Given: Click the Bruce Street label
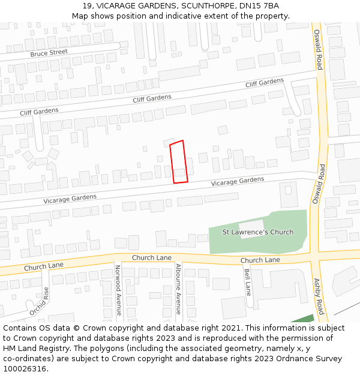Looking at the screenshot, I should click(49, 53).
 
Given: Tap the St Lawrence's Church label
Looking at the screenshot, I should click(258, 232).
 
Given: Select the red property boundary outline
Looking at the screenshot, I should click(178, 162).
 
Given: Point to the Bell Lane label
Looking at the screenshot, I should click(247, 281).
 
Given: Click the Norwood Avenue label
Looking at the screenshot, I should click(118, 290).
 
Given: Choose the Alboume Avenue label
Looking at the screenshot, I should click(178, 289).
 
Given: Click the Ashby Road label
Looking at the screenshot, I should click(319, 296).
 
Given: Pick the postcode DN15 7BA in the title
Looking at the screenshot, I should click(263, 6).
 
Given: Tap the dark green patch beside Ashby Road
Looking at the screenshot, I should click(303, 320).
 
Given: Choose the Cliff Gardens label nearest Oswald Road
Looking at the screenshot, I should click(264, 83).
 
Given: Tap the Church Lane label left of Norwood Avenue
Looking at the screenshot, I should click(44, 266).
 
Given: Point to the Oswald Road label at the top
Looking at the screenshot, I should click(319, 49).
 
